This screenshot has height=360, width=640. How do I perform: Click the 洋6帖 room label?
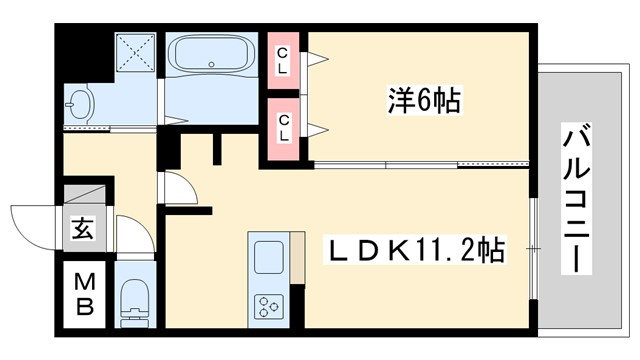(x=425, y=101)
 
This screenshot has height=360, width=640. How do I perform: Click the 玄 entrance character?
(x=83, y=229)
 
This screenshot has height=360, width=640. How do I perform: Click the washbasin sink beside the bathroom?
(x=80, y=103)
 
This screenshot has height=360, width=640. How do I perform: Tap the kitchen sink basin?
(x=268, y=257)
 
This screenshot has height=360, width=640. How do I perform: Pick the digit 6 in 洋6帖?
(x=423, y=101)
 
